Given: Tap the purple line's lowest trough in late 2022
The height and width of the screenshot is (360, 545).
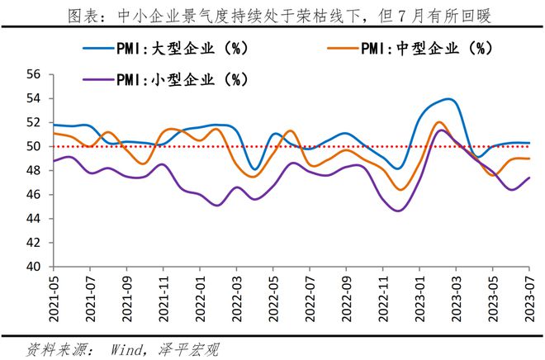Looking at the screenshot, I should tap(399, 211).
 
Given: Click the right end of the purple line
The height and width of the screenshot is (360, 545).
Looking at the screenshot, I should tap(529, 178).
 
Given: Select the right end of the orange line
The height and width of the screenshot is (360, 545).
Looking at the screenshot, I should tap(529, 159).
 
